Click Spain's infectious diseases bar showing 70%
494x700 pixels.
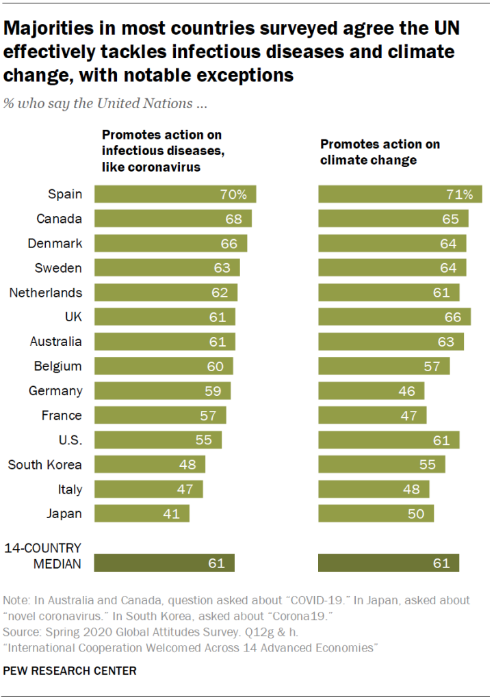174,194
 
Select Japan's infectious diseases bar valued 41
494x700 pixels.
141,514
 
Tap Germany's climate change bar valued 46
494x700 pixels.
371,391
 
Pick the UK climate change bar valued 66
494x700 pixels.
394,317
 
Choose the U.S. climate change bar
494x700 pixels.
389,440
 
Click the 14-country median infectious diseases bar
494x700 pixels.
164,563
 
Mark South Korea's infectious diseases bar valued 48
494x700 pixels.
149,465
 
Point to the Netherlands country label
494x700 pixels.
46,293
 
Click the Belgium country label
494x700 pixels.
58,366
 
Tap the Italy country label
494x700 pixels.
70,489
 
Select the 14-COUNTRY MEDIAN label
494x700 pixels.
43,556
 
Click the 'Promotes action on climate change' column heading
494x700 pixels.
380,152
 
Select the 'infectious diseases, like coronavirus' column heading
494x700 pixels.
161,151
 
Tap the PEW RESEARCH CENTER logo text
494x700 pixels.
70,671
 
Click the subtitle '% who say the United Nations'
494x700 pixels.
105,104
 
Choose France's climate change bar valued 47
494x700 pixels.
372,416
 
